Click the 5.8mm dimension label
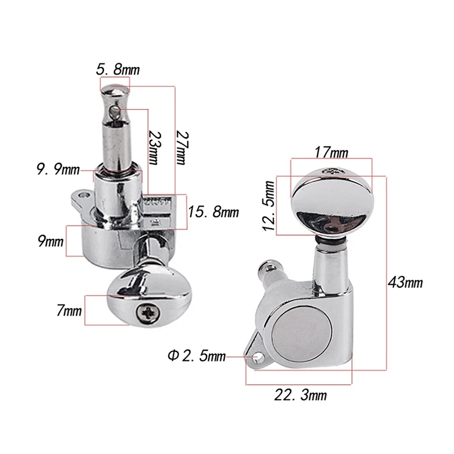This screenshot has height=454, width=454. pos(118,70)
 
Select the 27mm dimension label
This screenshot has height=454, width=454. pos(182,148)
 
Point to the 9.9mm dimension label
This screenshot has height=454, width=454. pos(58,169)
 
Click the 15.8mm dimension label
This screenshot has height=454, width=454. pos(213,212)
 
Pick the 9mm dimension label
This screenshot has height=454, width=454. pos(51,241)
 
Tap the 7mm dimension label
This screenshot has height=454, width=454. pos(69,310)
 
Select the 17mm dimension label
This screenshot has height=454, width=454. pos(331,152)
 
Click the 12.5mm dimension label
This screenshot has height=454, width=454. pos(269,205)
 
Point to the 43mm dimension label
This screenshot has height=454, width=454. pos(405,282)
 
